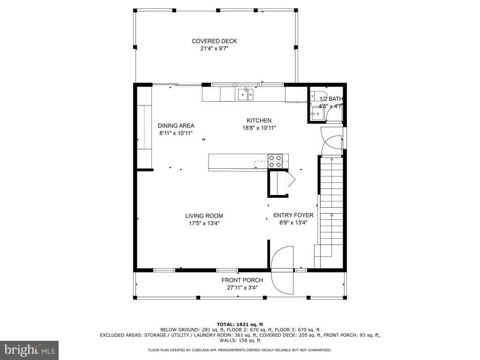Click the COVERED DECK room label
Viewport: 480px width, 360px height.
pos(214,41)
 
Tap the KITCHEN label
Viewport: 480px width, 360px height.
pos(259,120)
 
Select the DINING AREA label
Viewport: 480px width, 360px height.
pos(176,126)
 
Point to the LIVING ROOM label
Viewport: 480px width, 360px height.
pos(204,216)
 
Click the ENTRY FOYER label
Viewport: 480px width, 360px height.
pos(293,215)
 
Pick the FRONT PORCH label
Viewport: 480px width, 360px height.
pos(242,280)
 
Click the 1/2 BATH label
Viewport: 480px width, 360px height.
pos(331,99)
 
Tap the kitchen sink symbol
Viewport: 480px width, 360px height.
pos(246,94)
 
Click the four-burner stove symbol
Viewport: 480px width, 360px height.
pos(275,161)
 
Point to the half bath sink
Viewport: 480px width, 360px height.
pos(317,114)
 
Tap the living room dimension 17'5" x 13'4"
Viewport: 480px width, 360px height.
pos(204,224)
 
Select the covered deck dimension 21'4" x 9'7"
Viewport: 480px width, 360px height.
pos(214,48)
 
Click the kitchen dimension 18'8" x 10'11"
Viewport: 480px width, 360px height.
pos(259,128)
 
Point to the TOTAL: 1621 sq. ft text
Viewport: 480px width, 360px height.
pos(240,324)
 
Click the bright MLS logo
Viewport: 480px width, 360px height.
pos(30,350)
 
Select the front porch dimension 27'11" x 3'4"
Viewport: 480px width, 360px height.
pos(242,288)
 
